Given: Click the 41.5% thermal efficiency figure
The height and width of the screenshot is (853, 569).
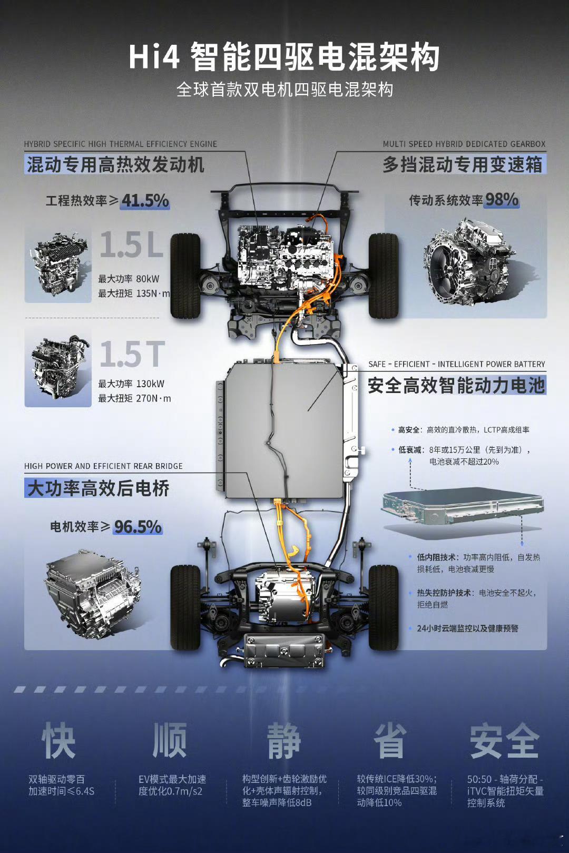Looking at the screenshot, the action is tap(145, 200).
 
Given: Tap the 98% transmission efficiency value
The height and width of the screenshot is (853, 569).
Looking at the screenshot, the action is tap(502, 200).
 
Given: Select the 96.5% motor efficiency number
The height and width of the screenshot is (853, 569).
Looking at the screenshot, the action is tap(138, 527).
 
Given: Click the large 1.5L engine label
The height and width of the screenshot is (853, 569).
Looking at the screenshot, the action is tap(132, 244).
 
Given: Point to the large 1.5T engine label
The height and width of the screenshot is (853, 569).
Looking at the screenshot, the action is tap(133, 354).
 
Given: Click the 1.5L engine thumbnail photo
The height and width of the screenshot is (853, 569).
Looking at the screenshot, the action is tap(58, 264).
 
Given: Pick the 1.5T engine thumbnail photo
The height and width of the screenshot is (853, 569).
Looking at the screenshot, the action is tap(58, 368).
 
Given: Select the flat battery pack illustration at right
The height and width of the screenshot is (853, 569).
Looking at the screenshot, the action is tap(463, 509).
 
